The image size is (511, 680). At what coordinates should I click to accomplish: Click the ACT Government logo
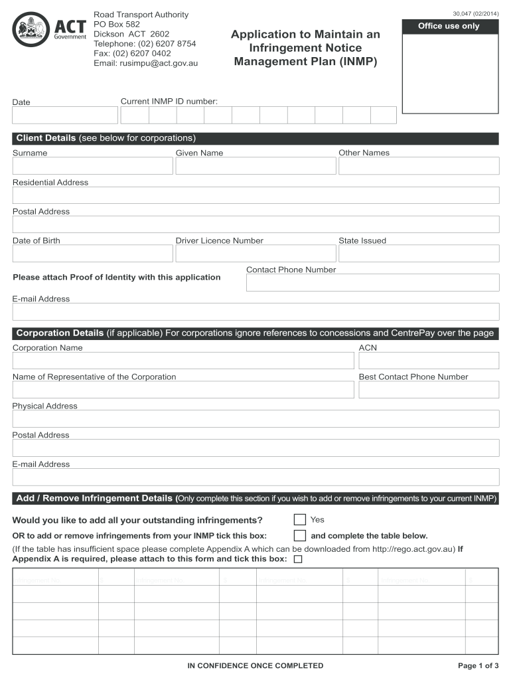(50, 29)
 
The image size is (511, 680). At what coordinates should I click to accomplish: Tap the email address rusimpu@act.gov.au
(145, 63)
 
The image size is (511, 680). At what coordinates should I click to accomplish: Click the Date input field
(64, 116)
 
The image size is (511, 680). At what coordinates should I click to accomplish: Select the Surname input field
(92, 166)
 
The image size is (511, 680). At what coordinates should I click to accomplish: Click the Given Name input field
(256, 166)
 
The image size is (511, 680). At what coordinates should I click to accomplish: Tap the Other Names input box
(419, 166)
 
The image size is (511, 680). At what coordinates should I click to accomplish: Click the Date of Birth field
(92, 254)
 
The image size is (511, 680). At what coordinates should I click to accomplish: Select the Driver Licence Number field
(256, 254)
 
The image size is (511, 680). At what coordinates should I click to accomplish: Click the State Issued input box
(419, 254)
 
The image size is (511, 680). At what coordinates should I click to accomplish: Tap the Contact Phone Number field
(372, 283)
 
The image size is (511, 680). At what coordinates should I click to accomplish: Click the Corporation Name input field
(183, 361)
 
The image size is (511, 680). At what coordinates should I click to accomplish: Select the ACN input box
(429, 361)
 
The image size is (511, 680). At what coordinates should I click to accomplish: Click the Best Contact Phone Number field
(429, 390)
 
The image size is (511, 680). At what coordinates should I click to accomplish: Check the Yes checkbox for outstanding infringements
(300, 519)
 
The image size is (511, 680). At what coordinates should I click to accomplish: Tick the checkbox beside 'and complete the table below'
(300, 535)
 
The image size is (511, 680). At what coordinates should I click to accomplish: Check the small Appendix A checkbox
(297, 559)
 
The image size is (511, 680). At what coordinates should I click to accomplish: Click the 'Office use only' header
(449, 27)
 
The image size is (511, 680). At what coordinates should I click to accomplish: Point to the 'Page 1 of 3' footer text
(478, 665)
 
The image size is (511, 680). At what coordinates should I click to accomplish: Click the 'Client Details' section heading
(46, 138)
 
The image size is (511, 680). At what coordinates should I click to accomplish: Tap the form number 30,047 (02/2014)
(475, 14)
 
